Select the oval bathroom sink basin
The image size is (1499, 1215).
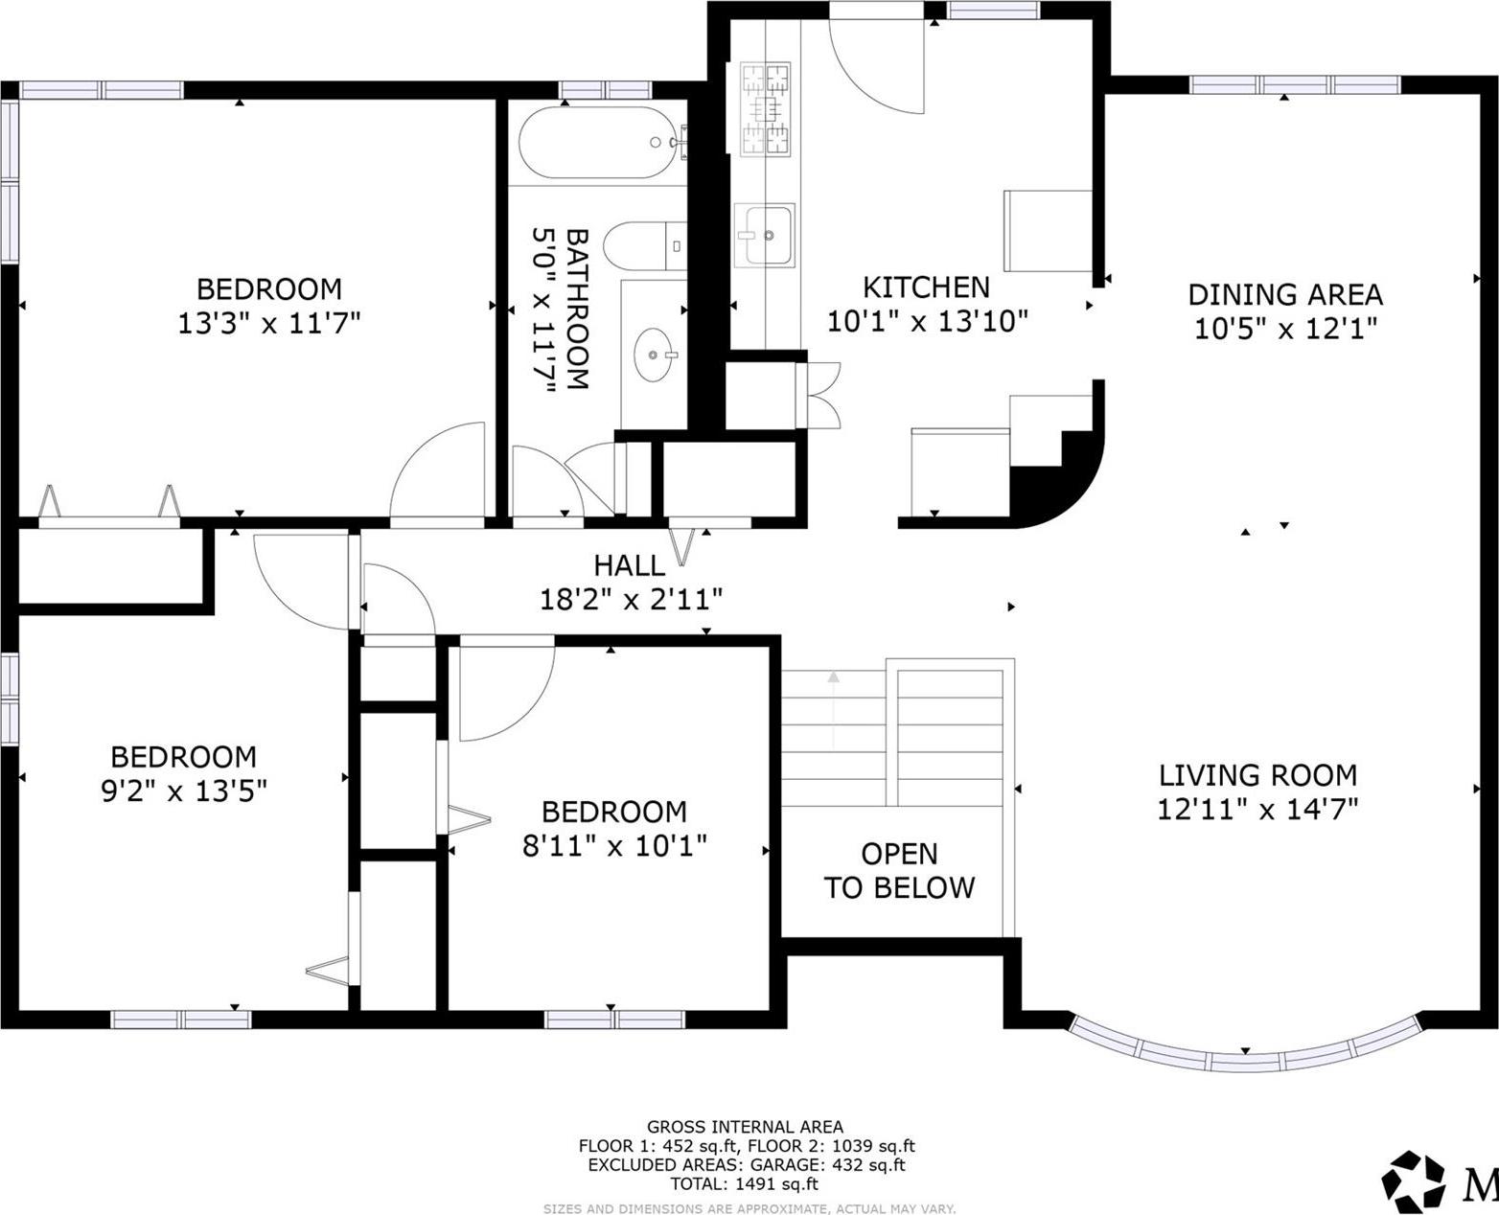pyautogui.click(x=655, y=355)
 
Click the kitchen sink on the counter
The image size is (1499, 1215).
pyautogui.click(x=764, y=235)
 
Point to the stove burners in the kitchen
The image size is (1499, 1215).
pyautogui.click(x=767, y=108)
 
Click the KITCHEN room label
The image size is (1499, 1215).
pyautogui.click(x=926, y=287)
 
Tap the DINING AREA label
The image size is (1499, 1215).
pyautogui.click(x=1285, y=294)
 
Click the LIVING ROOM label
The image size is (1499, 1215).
pyautogui.click(x=1257, y=774)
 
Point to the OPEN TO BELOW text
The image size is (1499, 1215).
pyautogui.click(x=899, y=871)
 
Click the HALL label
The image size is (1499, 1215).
pyautogui.click(x=629, y=565)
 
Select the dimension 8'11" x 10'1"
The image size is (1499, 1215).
pyautogui.click(x=614, y=846)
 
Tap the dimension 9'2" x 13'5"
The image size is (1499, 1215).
pyautogui.click(x=184, y=791)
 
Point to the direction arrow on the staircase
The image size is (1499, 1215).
pyautogui.click(x=833, y=709)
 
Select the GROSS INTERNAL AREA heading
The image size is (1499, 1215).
pyautogui.click(x=745, y=1127)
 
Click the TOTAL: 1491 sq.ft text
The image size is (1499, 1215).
pyautogui.click(x=745, y=1183)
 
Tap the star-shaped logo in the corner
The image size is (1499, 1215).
pyautogui.click(x=1412, y=1179)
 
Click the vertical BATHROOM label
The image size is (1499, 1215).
pyautogui.click(x=560, y=309)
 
